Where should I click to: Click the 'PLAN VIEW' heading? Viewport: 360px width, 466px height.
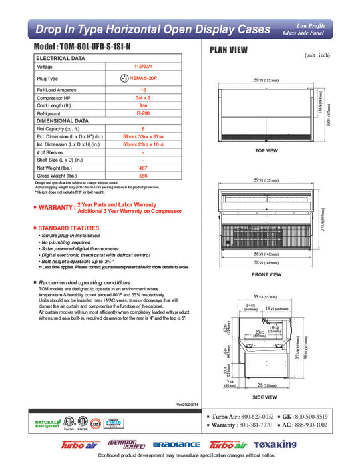click(230, 49)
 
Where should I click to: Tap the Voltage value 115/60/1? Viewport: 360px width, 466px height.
click(143, 67)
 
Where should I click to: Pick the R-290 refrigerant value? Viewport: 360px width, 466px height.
click(143, 114)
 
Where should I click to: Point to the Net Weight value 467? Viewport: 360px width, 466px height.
click(143, 169)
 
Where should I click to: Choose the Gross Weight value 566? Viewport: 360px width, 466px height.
click(143, 176)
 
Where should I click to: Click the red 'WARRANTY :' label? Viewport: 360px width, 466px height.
click(54, 208)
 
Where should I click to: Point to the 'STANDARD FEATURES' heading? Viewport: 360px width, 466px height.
click(69, 228)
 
